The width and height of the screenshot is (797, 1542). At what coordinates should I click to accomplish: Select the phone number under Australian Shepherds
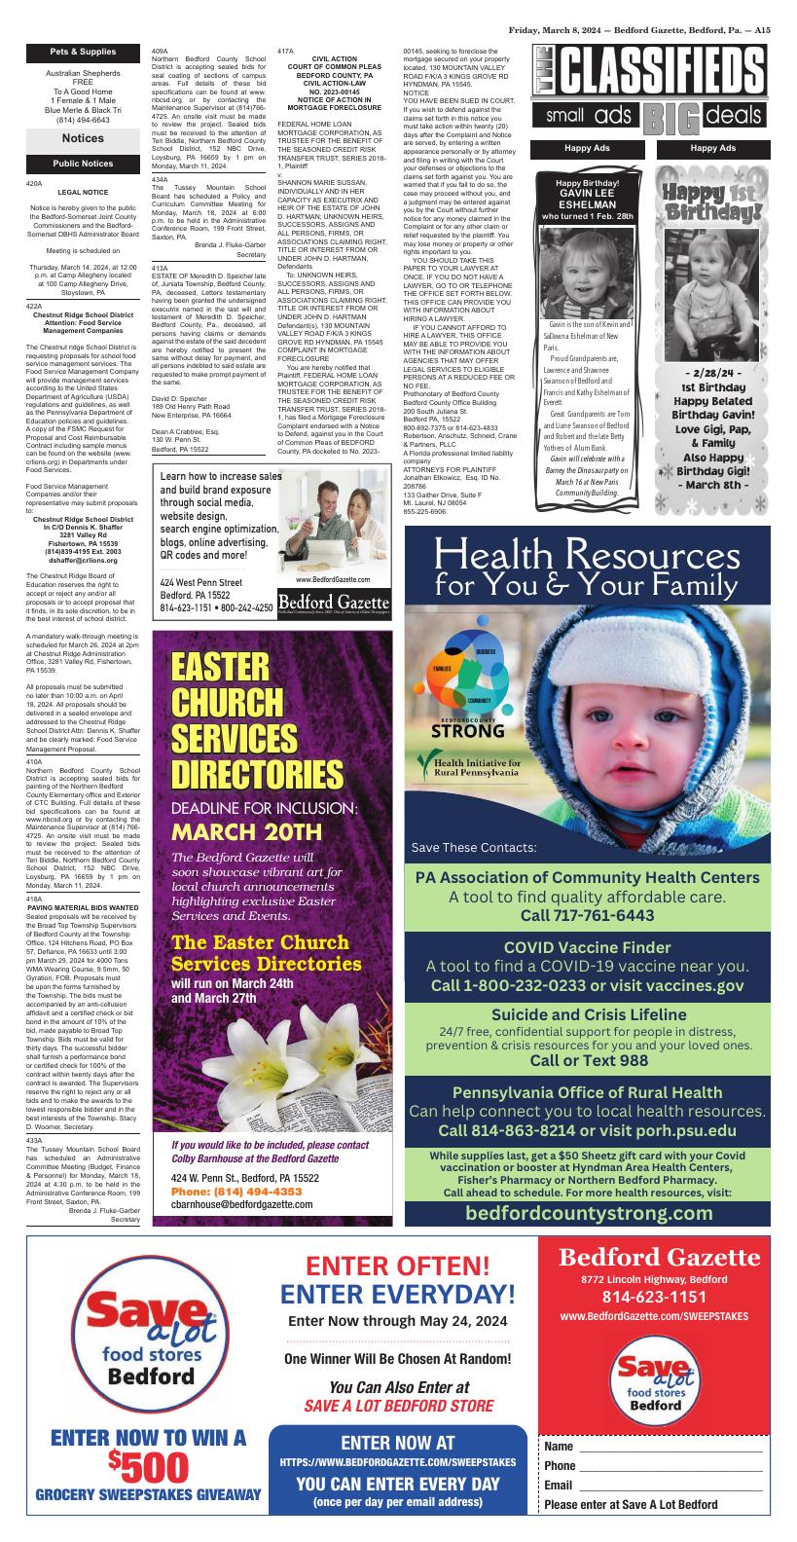(x=83, y=121)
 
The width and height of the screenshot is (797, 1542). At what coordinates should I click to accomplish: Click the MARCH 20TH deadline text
(x=246, y=831)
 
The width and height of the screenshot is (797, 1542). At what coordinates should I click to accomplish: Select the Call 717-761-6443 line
(x=587, y=915)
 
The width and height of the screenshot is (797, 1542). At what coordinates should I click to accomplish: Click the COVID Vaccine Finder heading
(x=587, y=947)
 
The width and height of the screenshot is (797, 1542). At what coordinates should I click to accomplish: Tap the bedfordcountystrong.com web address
(x=589, y=1213)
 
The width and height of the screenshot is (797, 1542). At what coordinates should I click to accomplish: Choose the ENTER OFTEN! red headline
(x=398, y=1266)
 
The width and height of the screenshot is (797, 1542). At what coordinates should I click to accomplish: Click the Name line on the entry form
(x=653, y=1447)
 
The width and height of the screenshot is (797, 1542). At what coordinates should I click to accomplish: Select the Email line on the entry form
(x=653, y=1486)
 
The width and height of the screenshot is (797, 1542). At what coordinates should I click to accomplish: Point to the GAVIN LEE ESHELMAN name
(x=587, y=200)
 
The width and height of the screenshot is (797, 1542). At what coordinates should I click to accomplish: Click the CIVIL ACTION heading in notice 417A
(x=335, y=58)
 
